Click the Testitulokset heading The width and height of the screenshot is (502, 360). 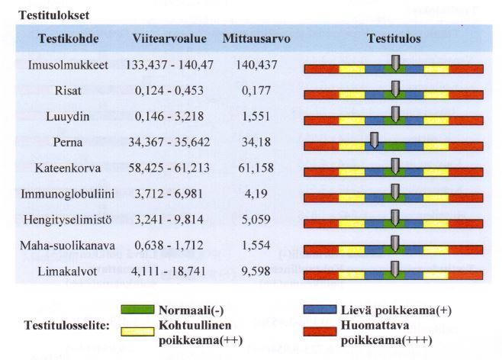[x=50, y=14]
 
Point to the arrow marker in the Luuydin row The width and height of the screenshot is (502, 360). [x=394, y=114]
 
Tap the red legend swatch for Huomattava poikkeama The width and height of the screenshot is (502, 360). [x=320, y=333]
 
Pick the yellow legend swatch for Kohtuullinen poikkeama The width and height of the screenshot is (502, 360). [x=138, y=333]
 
